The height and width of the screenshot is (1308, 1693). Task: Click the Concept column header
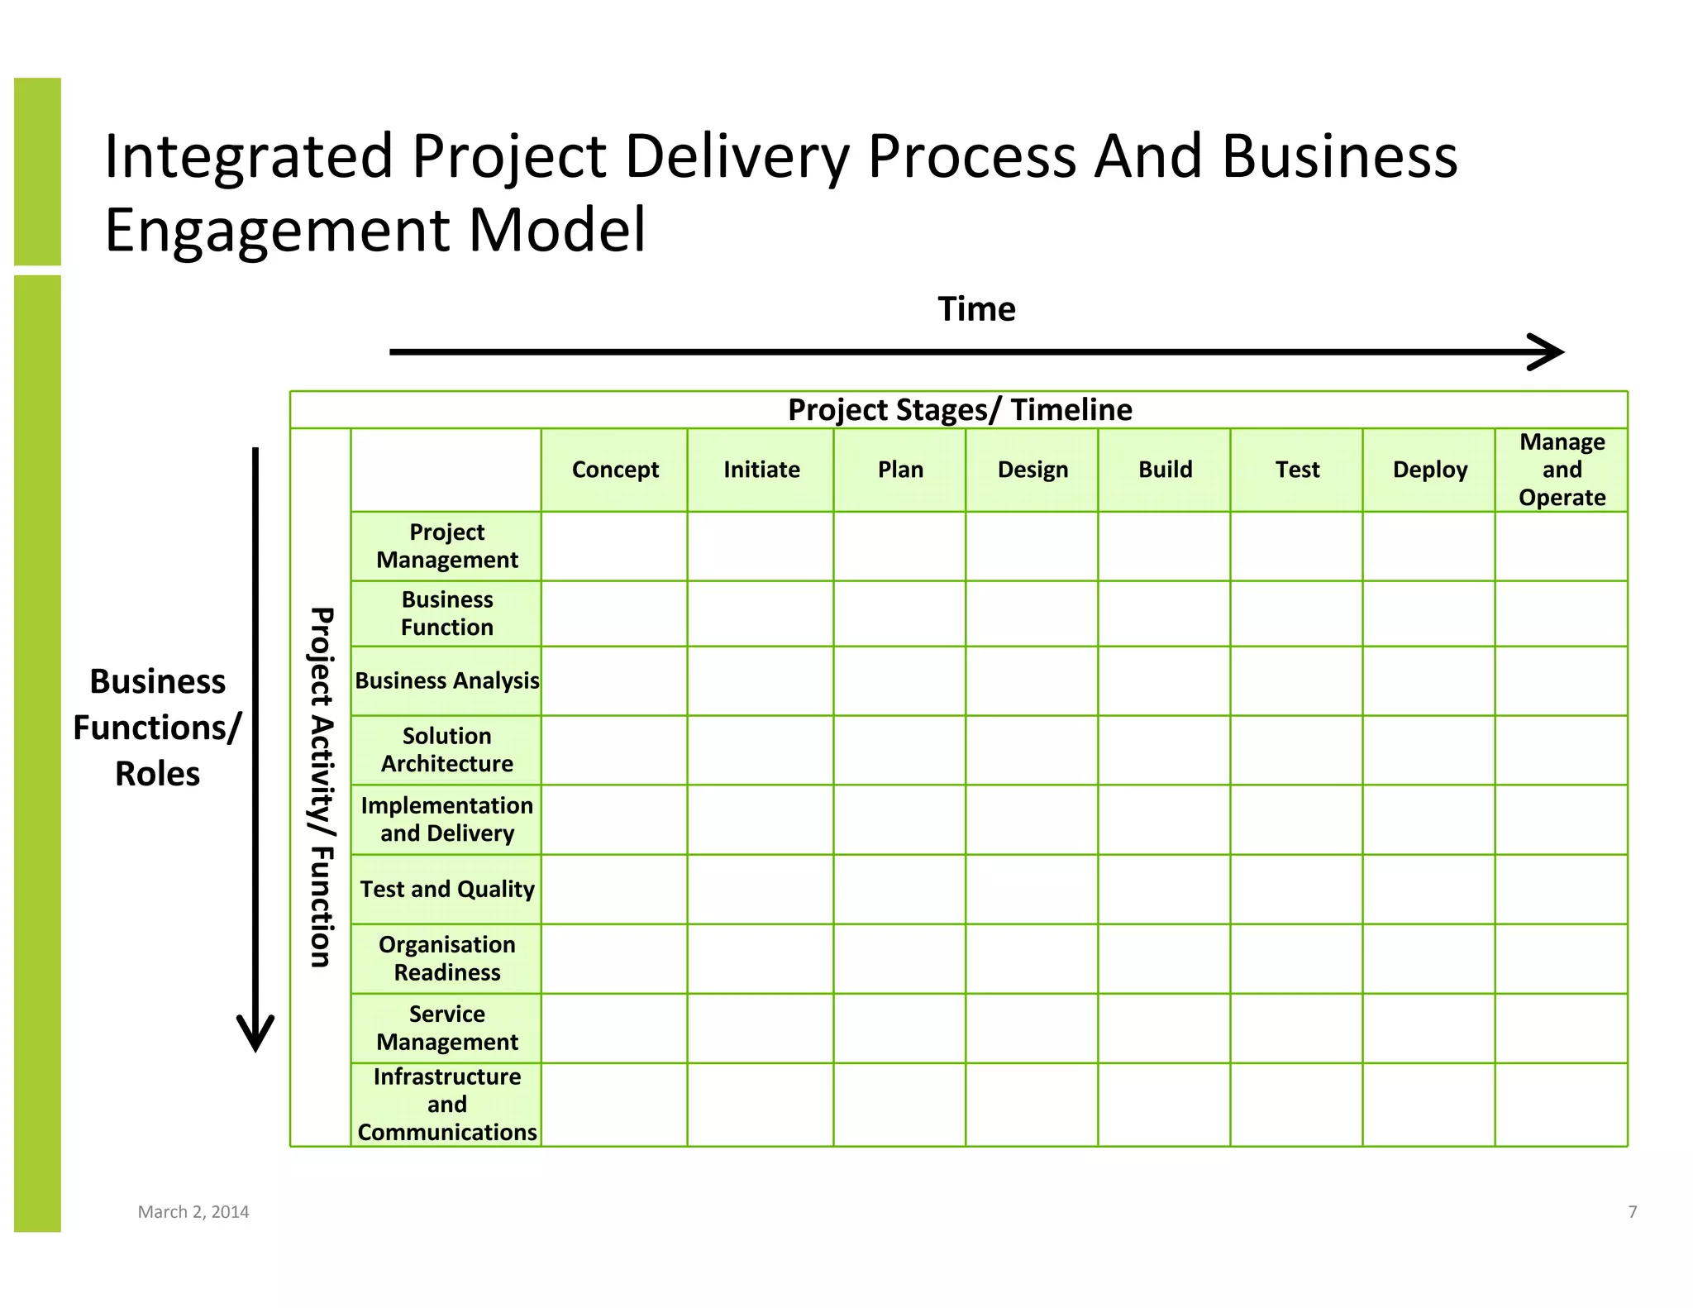click(615, 470)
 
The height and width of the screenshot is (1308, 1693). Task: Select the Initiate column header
click(761, 470)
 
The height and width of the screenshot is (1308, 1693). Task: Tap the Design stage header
click(1032, 470)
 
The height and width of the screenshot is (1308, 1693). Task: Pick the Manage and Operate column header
click(1562, 470)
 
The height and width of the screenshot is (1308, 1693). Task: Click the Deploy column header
click(1429, 470)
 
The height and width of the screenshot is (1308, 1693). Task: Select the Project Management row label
click(446, 546)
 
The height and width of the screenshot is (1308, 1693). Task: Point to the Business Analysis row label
click(446, 680)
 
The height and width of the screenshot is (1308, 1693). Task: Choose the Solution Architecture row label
click(446, 750)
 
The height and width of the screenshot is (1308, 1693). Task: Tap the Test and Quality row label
click(446, 889)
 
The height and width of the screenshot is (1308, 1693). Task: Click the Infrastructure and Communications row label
click(446, 1105)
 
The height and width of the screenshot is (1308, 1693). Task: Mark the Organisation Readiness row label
click(446, 958)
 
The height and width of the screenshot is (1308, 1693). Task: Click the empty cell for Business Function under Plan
click(899, 613)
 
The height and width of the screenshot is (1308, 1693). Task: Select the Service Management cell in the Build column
click(1164, 1029)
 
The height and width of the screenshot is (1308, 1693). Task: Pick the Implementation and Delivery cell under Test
click(1296, 819)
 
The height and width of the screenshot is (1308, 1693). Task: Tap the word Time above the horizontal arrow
click(976, 309)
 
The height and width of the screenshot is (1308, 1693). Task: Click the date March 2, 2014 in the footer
click(193, 1212)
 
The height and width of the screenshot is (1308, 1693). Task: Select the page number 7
click(1633, 1212)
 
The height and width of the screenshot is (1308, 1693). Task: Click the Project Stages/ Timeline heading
click(960, 410)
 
